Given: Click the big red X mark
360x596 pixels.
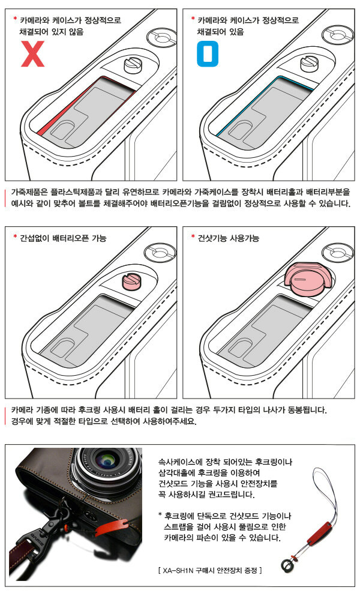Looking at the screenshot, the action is pos(32,54).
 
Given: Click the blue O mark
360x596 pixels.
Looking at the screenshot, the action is pos(208,54).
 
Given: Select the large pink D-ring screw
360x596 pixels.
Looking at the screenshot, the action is pos(308,279).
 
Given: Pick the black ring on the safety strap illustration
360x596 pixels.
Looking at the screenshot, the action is pos(286,565).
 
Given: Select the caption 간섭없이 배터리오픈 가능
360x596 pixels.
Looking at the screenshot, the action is pos(63,238).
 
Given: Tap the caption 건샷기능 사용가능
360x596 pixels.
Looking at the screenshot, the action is pos(229,238).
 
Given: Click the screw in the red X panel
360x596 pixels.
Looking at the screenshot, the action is pos(135,65).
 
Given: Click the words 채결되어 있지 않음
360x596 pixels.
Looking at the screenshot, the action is pos(52,32).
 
